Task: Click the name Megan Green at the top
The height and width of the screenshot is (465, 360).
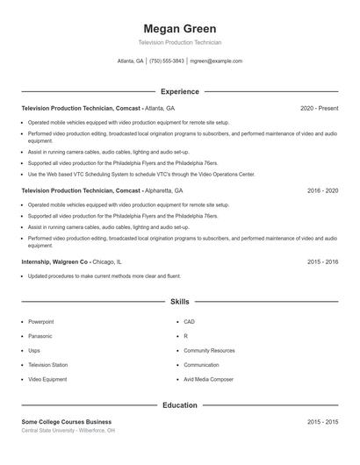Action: tap(179, 29)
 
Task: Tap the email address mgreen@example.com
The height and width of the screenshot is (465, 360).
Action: tap(215, 61)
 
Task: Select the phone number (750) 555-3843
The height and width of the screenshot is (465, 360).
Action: tap(167, 61)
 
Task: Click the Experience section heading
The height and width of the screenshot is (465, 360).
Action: tap(179, 91)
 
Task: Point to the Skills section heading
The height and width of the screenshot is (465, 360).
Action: tap(179, 301)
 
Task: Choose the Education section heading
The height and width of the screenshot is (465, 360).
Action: tap(179, 405)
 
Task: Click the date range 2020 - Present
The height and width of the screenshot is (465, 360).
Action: tap(319, 108)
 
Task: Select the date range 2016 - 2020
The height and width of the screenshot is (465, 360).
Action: tap(322, 190)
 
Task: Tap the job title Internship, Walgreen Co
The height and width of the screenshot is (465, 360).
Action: tap(55, 261)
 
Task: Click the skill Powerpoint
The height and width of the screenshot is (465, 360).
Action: tap(40, 322)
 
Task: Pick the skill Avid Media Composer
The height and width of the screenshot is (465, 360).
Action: tap(209, 379)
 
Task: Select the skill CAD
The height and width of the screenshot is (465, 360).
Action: tap(189, 322)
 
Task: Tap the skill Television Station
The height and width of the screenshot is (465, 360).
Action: tap(47, 365)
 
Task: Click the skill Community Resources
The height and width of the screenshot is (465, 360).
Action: tap(209, 350)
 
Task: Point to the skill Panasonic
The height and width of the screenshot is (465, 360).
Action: tap(40, 336)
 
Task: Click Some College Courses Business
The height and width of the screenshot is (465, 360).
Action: tap(67, 422)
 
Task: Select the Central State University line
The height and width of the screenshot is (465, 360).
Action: tap(68, 431)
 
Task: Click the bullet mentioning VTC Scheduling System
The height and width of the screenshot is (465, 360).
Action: tap(141, 174)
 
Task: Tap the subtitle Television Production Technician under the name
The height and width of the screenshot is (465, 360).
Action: tap(179, 42)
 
